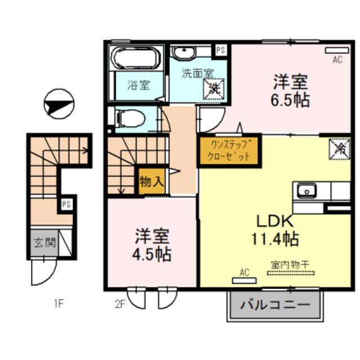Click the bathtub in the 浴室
tap(137, 58)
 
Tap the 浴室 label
tap(138, 85)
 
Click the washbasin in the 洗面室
tap(183, 53)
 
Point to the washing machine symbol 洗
tap(214, 88)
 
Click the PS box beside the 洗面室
tap(221, 50)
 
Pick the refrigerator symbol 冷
tap(340, 148)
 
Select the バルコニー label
tap(276, 307)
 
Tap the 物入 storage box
tap(151, 182)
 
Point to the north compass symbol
tap(59, 105)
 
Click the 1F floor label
tap(58, 305)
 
